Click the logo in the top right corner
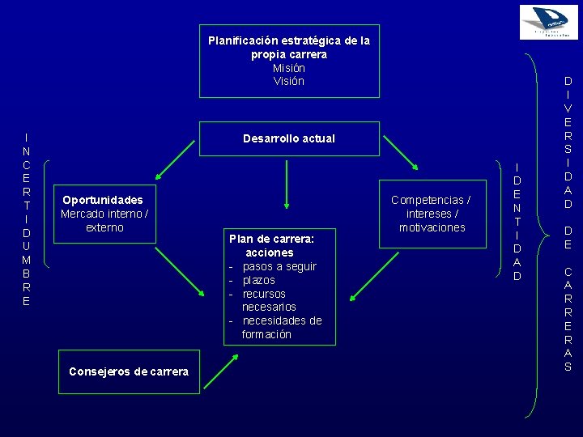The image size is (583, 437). coord(549,22)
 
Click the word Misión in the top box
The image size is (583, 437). coord(289,68)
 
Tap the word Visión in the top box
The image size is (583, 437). coord(289,81)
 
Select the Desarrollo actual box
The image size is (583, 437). coord(289,138)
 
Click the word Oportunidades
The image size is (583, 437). coord(103,200)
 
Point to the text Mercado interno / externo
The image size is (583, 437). coord(104,221)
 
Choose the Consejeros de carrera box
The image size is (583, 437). coord(130,371)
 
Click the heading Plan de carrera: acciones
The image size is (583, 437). coord(271,246)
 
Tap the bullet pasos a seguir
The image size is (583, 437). coord(279,266)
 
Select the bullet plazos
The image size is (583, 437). coord(259,280)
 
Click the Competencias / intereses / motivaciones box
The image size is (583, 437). coord(431,214)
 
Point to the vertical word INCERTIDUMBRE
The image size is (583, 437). coord(27,219)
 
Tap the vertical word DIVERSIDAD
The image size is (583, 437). coord(568,142)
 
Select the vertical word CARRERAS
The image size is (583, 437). coord(568,319)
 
